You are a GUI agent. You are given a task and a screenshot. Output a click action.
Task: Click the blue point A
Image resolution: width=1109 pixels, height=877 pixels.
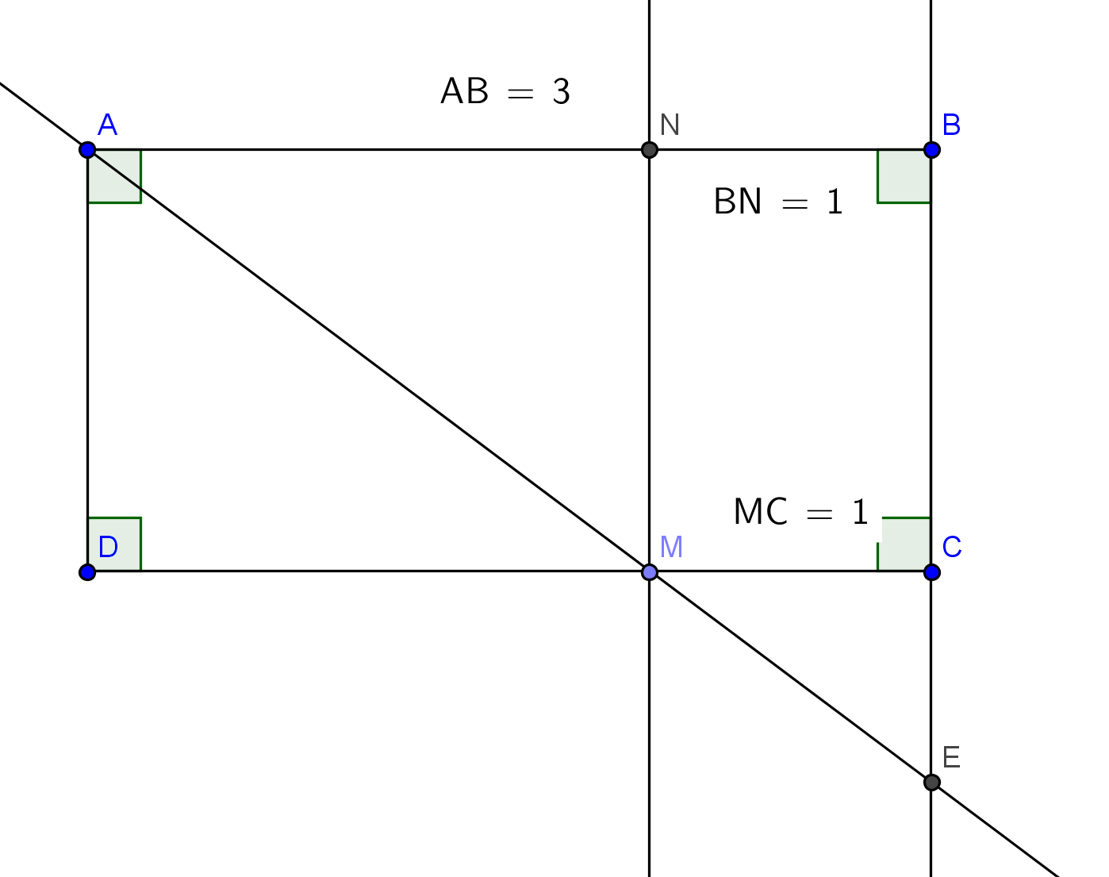tap(88, 150)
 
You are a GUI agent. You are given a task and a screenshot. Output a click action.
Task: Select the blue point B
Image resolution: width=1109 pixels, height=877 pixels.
tap(932, 150)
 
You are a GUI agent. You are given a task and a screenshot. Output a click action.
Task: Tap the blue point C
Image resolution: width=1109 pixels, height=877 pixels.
tap(932, 572)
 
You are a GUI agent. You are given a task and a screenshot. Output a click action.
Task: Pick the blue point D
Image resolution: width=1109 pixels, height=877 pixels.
tap(88, 572)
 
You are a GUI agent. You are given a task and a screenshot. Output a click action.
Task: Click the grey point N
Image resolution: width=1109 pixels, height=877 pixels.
tap(650, 150)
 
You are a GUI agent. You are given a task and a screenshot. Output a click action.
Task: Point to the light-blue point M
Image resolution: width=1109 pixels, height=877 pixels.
tap(650, 572)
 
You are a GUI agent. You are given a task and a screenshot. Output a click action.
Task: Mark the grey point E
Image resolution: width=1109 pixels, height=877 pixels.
tap(932, 783)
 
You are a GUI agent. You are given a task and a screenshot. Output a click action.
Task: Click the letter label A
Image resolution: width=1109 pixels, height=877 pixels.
tap(108, 125)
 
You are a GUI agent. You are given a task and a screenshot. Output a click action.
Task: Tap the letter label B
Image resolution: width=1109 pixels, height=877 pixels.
tap(952, 125)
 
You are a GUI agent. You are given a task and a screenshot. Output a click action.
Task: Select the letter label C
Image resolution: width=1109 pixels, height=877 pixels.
tap(952, 547)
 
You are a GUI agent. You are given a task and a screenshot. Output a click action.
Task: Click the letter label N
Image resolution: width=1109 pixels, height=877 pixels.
tap(670, 125)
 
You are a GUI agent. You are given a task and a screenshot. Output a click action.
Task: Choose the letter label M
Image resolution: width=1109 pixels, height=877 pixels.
tap(671, 547)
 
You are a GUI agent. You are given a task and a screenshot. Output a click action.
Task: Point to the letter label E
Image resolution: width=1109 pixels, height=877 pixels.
tap(952, 758)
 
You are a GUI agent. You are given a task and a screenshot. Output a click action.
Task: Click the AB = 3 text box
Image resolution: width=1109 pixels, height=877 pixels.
tap(505, 92)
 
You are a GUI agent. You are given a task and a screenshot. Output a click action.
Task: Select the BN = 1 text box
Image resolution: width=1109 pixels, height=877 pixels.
tap(779, 202)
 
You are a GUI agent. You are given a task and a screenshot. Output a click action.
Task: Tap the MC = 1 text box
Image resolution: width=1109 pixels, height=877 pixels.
tap(801, 512)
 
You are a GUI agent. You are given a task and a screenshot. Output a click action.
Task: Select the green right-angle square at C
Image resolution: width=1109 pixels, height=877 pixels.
tap(904, 544)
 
